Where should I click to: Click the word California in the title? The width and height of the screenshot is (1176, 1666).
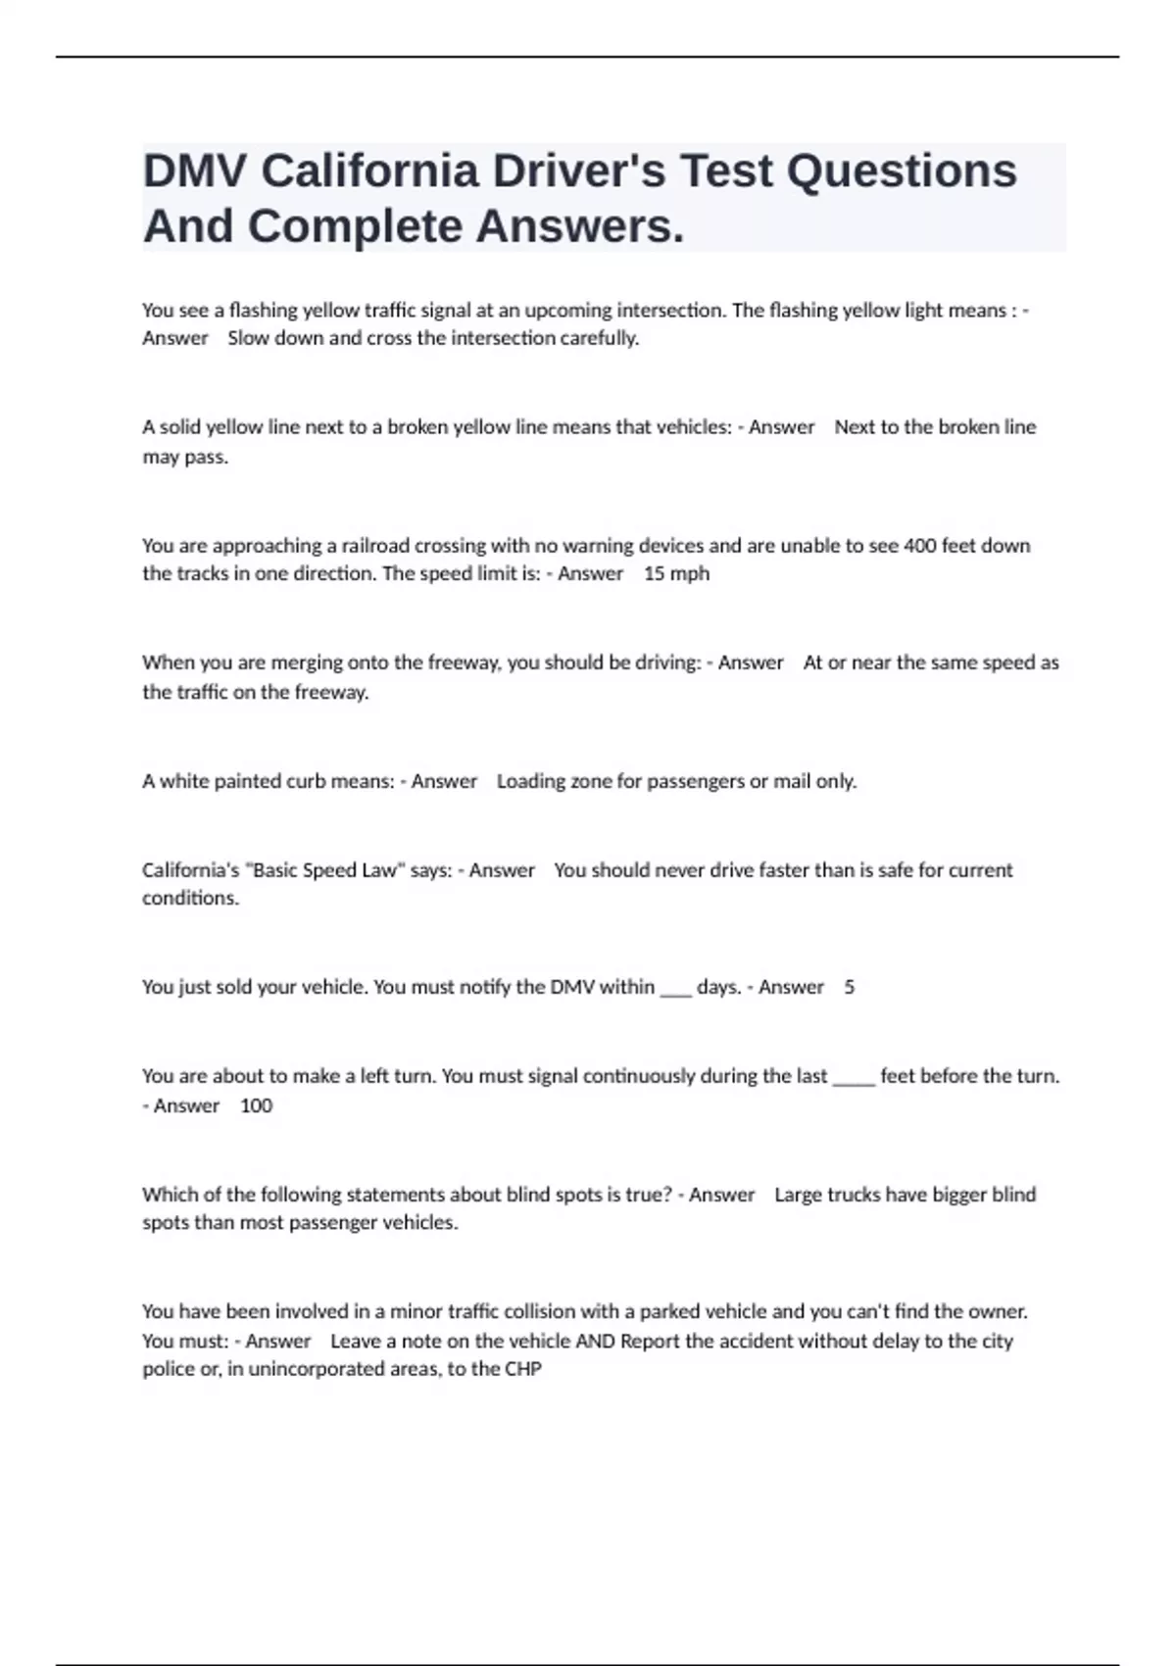point(369,171)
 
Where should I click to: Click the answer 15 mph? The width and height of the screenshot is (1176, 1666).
point(676,573)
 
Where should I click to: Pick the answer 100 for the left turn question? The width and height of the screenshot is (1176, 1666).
point(256,1105)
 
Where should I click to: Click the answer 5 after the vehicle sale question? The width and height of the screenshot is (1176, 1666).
point(849,987)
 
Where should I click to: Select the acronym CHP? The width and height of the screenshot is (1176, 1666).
point(522,1369)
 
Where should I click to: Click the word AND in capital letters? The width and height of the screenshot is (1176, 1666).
point(595,1341)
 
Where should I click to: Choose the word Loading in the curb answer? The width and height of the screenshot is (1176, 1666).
point(530,781)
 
